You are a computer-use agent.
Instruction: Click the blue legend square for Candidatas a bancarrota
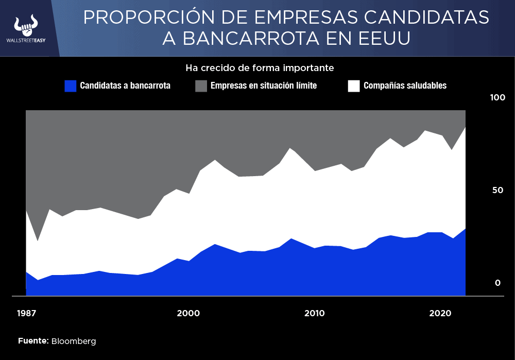pos(71,86)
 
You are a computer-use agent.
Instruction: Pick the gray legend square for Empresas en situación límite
pos(201,86)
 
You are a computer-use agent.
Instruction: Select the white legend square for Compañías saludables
pos(354,86)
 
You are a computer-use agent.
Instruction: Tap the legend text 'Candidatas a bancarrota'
pos(125,86)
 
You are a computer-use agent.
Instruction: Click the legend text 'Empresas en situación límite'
pos(264,86)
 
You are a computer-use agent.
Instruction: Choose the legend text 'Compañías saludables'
pos(405,86)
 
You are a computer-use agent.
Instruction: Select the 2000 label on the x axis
pos(188,313)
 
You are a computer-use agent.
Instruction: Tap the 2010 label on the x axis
pos(314,313)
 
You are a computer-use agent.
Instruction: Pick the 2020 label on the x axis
pos(440,313)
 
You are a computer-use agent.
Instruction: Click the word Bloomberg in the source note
pos(74,341)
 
